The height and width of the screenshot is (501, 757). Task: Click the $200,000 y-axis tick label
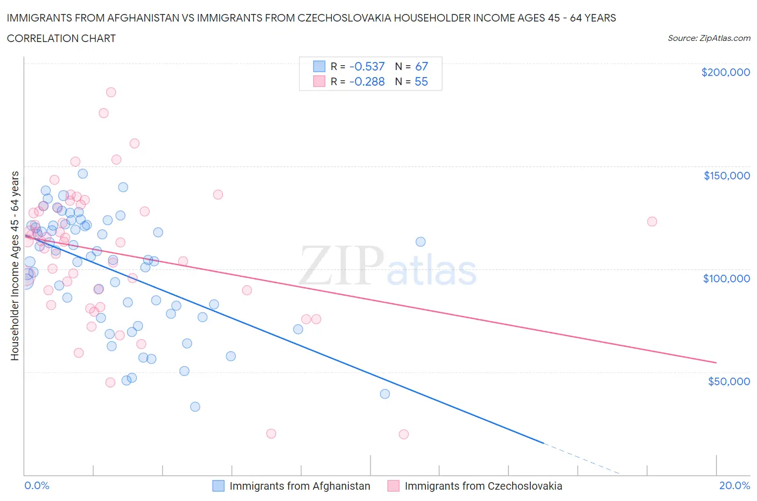coord(725,72)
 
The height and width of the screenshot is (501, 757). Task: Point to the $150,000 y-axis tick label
coord(726,176)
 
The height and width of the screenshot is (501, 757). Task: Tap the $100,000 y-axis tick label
coord(726,279)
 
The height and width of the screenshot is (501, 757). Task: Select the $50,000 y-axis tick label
coord(728,381)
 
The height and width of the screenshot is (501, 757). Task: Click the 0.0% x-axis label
coord(37,485)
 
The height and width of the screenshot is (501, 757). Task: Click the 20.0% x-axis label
coord(734,485)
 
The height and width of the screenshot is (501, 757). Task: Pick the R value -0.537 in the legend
coord(367,66)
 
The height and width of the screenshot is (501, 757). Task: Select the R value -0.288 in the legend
coord(367,81)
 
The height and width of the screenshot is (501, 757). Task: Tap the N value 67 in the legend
coord(421,66)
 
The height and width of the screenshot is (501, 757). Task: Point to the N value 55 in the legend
coord(421,81)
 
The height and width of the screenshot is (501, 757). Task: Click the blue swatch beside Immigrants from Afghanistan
coord(218,486)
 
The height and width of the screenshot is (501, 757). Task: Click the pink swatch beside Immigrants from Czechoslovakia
coord(394,486)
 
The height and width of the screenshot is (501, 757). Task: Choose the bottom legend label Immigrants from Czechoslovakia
coord(483,486)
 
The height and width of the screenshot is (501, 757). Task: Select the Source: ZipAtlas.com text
coord(709,38)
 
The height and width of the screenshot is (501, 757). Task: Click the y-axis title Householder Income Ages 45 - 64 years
coord(15,266)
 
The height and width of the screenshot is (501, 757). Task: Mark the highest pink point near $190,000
coord(111,92)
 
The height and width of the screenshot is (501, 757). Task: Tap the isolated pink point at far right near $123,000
coord(652,221)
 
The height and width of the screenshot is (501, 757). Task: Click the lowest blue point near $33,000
coord(195,407)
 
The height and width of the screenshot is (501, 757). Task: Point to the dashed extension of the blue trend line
coord(581,458)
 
